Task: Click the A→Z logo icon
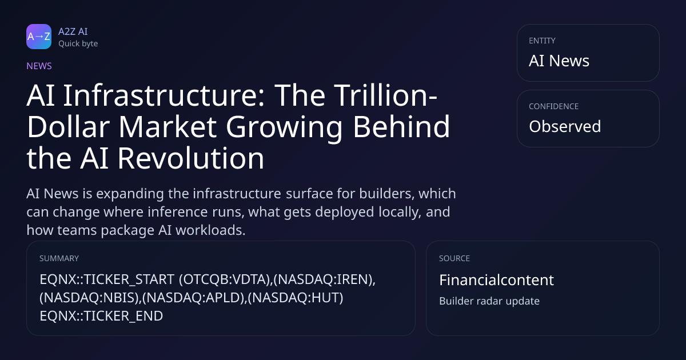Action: [39, 37]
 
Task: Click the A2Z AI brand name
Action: [73, 31]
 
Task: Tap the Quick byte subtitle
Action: [78, 44]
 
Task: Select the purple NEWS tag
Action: [39, 66]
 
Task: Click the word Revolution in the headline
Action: [190, 158]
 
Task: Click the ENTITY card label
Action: [542, 41]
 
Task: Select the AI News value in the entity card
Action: [559, 61]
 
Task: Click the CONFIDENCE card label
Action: [554, 106]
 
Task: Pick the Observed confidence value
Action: [565, 126]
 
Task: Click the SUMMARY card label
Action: [59, 258]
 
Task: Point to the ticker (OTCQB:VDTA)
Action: [225, 279]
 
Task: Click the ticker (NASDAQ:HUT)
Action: [295, 298]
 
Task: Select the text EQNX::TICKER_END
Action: [101, 316]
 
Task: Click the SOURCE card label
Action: [454, 258]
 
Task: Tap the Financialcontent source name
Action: [496, 280]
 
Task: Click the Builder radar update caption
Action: [489, 301]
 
